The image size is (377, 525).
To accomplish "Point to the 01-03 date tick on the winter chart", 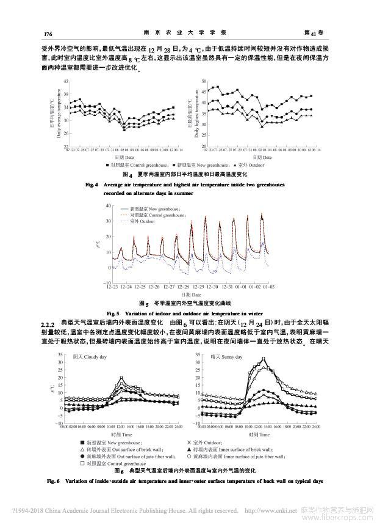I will point(269,287).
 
